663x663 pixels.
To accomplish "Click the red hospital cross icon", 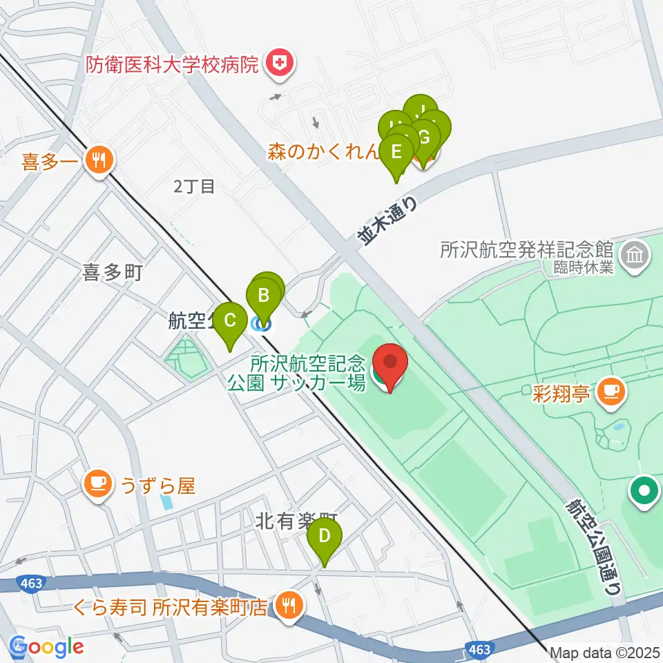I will tap(280, 64).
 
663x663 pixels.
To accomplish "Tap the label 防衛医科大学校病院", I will tap(173, 65).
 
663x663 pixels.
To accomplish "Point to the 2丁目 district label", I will tap(194, 186).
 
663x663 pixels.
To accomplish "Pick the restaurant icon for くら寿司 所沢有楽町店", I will tap(286, 606).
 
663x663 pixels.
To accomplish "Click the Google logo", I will tap(46, 646).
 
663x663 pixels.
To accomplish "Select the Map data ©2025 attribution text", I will tap(605, 652).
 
